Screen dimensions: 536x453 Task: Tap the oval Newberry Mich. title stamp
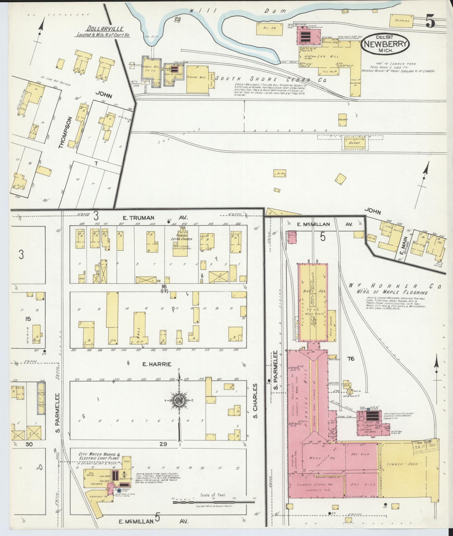[x=385, y=45]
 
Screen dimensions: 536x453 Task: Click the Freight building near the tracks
[x=343, y=120]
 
